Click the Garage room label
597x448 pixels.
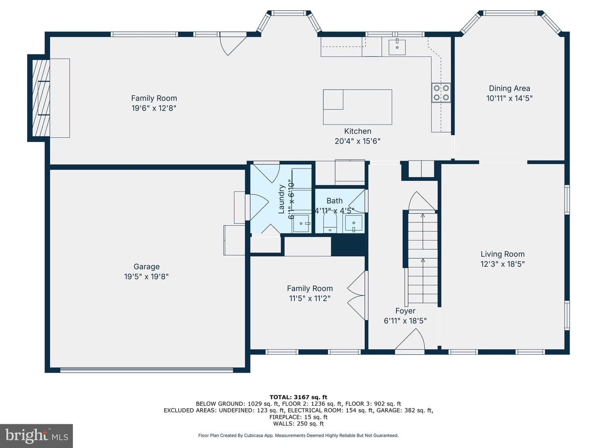point(146,266)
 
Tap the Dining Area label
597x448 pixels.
point(510,88)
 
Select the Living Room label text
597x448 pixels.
point(502,254)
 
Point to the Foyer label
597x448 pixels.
point(405,311)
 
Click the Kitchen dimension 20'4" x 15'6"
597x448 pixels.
point(357,141)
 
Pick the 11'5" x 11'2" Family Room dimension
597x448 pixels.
point(310,298)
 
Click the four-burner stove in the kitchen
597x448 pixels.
point(441,93)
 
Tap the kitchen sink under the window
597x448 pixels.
point(397,47)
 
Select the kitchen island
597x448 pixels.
point(357,107)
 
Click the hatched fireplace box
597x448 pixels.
point(41,98)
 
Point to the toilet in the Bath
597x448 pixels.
point(330,222)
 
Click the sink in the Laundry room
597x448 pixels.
point(301,224)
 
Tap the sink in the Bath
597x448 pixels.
point(354,223)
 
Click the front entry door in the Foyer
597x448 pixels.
point(410,341)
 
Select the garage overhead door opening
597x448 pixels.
point(147,370)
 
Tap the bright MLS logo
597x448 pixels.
point(36,436)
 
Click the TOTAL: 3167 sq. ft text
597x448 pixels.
point(298,397)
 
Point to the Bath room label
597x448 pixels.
point(335,201)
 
